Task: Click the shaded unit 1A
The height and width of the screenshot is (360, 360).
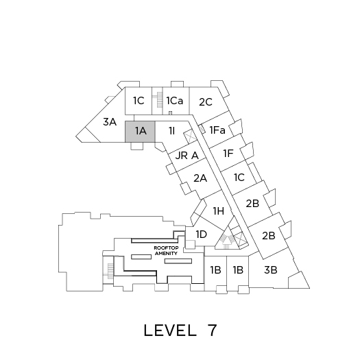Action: coord(140,132)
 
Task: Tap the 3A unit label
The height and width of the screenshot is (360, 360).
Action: coord(110,122)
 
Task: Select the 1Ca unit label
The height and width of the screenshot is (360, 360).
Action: coord(175,101)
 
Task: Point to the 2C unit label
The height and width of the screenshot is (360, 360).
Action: coord(206,102)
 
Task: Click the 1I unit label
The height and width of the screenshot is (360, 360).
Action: coord(172,131)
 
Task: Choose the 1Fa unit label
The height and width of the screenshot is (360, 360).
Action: coord(217,130)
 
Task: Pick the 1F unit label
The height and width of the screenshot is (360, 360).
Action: coord(228,154)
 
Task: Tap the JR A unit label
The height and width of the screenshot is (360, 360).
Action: coord(187,156)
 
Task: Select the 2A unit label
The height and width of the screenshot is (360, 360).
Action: coord(200,178)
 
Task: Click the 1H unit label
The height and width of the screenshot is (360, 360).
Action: coord(219,211)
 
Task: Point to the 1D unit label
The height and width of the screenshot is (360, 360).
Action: coord(202,235)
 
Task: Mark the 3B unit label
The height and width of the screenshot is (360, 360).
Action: coord(271,269)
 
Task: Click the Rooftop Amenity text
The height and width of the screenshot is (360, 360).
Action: coord(166,251)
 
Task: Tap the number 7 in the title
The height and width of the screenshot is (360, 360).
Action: coord(212,330)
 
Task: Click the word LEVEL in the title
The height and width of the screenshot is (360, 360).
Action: coord(170,331)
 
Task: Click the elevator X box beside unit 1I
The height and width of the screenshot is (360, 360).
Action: coord(190,136)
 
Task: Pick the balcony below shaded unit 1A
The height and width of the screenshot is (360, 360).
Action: coord(137,146)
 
